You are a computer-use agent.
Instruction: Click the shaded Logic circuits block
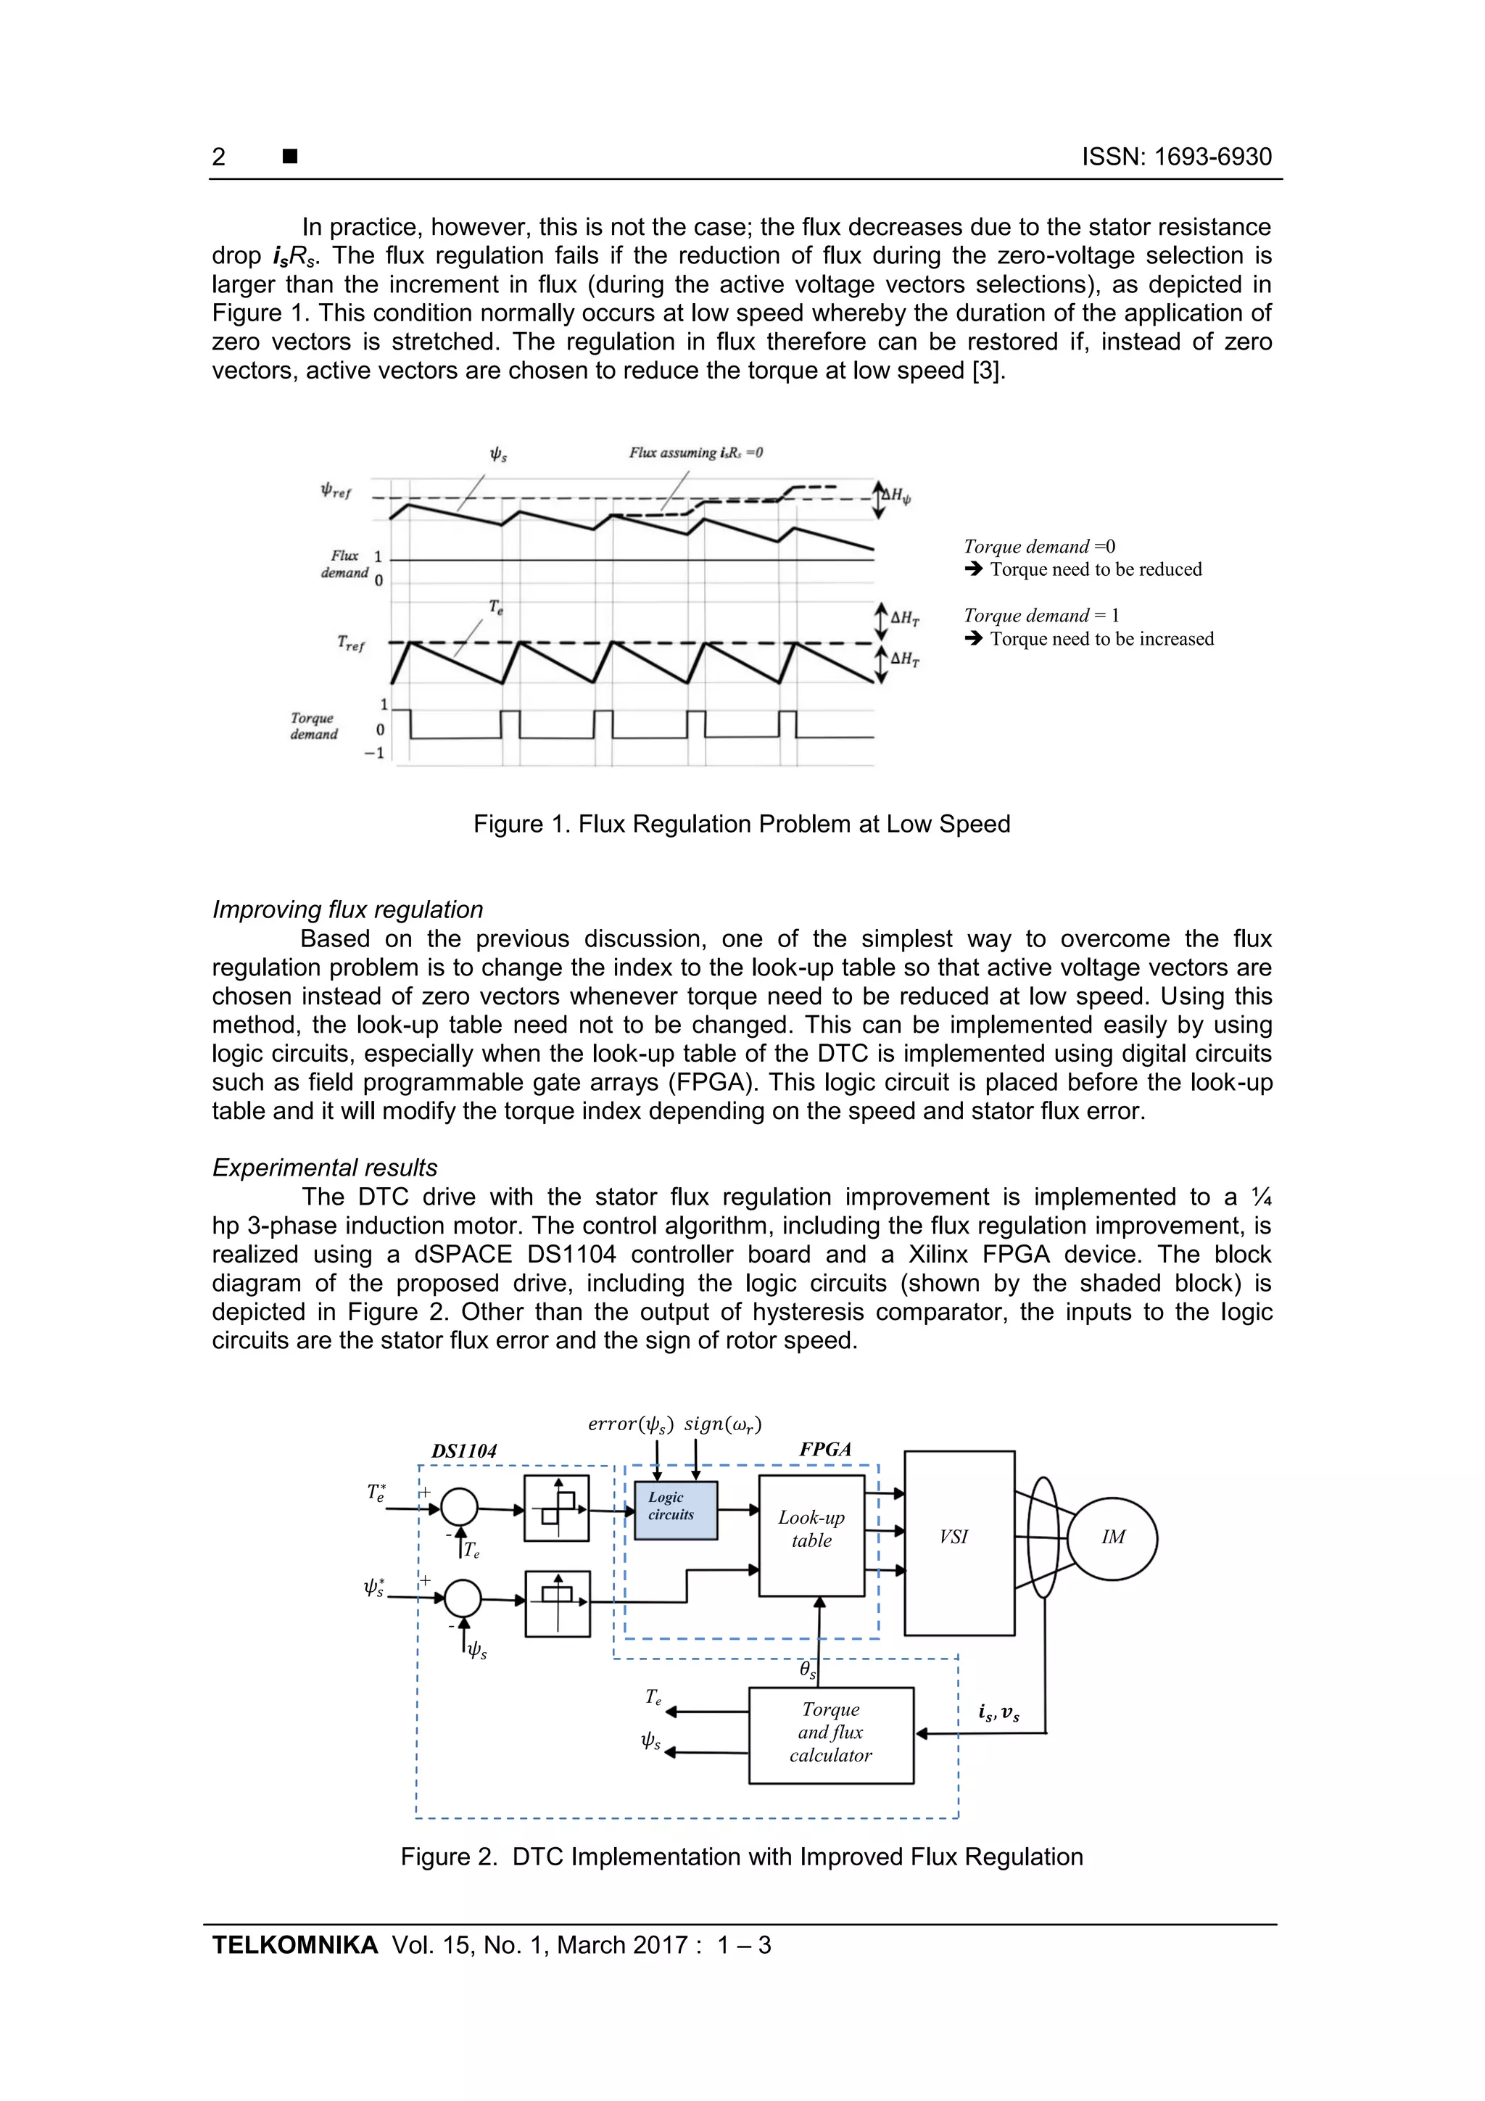(675, 1510)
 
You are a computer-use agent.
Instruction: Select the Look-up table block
(811, 1535)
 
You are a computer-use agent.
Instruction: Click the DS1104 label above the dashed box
(464, 1451)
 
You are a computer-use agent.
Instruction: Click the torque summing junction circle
(459, 1507)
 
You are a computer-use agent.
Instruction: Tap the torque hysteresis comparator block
(556, 1508)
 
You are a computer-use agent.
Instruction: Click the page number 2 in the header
(219, 157)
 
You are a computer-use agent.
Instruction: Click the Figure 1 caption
(741, 824)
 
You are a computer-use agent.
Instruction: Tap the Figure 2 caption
(741, 1857)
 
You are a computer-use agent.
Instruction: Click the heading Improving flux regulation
(348, 909)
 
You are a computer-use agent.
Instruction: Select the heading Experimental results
(325, 1168)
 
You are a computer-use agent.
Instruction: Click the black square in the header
(290, 157)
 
